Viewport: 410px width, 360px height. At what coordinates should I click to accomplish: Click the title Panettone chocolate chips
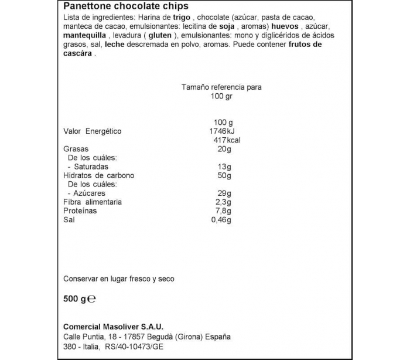point(125,6)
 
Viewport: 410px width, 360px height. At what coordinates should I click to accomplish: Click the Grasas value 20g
point(224,149)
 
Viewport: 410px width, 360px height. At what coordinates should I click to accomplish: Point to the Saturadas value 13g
point(224,167)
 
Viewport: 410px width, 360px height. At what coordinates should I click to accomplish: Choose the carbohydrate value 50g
point(224,176)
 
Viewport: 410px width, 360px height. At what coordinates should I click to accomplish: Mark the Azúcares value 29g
point(224,193)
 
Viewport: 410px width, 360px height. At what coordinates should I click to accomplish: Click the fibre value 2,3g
point(223,202)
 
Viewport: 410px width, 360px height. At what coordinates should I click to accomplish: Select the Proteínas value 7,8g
point(223,211)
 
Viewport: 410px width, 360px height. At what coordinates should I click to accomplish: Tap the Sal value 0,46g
point(221,220)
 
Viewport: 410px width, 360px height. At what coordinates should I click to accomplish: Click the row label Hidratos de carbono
point(98,176)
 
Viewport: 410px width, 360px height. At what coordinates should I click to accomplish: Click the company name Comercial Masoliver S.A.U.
point(113,327)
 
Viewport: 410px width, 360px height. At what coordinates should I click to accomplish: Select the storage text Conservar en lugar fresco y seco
point(118,279)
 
